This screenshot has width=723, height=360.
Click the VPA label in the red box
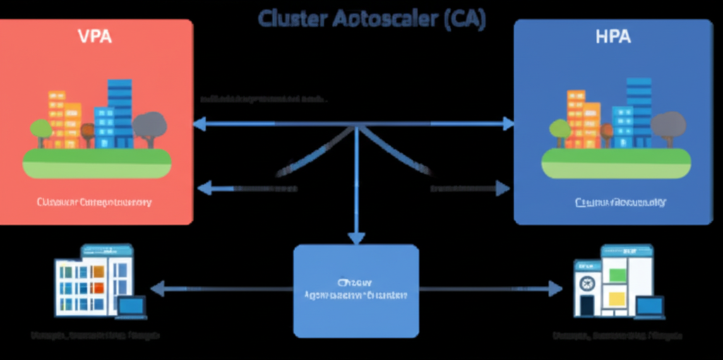point(95,37)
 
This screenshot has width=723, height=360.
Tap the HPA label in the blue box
point(614,37)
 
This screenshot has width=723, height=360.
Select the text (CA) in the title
point(465,18)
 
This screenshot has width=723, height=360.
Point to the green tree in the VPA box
point(41,131)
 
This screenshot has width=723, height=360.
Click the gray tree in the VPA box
point(149,126)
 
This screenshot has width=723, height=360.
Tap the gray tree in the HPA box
point(667,126)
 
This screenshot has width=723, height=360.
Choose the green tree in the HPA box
point(560,131)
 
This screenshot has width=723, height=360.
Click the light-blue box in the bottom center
point(356,290)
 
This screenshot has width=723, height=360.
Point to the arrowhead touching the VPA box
point(199,124)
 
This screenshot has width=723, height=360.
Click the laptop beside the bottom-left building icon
point(131,306)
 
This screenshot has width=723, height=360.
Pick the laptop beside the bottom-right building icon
point(650,306)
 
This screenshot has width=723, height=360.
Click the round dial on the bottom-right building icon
point(586,283)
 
